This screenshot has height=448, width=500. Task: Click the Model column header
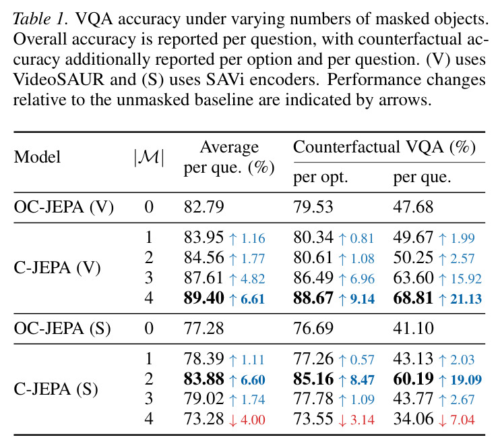point(37,157)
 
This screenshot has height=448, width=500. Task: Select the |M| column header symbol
point(149,157)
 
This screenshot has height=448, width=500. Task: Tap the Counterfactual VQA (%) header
point(384,147)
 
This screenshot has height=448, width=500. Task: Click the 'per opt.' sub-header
point(320,177)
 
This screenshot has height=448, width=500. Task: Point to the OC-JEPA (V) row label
point(64,207)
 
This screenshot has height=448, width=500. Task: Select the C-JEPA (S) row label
point(56,389)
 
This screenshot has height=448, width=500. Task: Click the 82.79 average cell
point(204,206)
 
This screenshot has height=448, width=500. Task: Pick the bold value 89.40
point(204,298)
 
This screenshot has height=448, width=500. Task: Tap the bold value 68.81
point(413,298)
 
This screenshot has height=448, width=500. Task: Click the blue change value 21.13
point(466,299)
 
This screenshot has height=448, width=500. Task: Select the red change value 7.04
point(462,420)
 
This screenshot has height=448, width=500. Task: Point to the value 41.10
point(413,328)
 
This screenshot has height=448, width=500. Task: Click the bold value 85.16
point(313,379)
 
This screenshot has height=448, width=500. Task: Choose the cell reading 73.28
point(204,419)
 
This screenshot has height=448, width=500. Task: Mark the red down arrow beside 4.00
point(232,420)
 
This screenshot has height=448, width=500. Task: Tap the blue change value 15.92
point(466,279)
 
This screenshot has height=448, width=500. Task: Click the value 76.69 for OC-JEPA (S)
point(313,328)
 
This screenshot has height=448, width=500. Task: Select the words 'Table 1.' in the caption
point(40,19)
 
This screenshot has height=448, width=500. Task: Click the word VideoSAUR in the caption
point(59,80)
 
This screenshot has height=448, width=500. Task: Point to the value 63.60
point(413,278)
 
